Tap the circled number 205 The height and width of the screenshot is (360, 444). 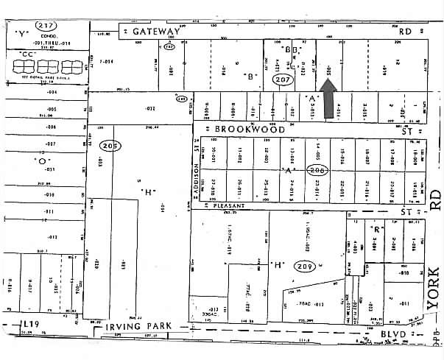pos(111,145)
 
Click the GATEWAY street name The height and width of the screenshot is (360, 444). pos(157,32)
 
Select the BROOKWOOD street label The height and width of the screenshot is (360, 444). pos(250,129)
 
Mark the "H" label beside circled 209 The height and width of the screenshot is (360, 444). pos(278,264)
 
